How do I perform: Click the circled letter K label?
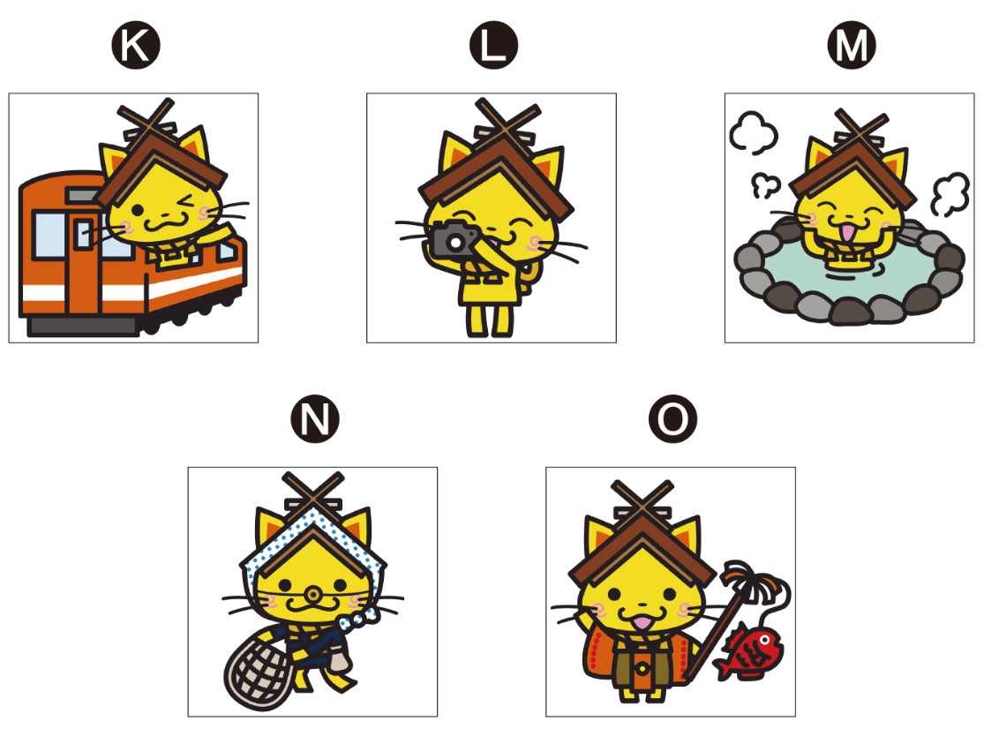(136, 45)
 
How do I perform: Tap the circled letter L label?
(493, 45)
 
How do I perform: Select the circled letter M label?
(852, 45)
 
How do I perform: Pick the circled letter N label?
(315, 418)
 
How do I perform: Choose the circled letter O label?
(672, 418)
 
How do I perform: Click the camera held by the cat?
(454, 238)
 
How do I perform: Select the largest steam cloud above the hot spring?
(753, 132)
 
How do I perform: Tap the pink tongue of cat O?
(642, 621)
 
